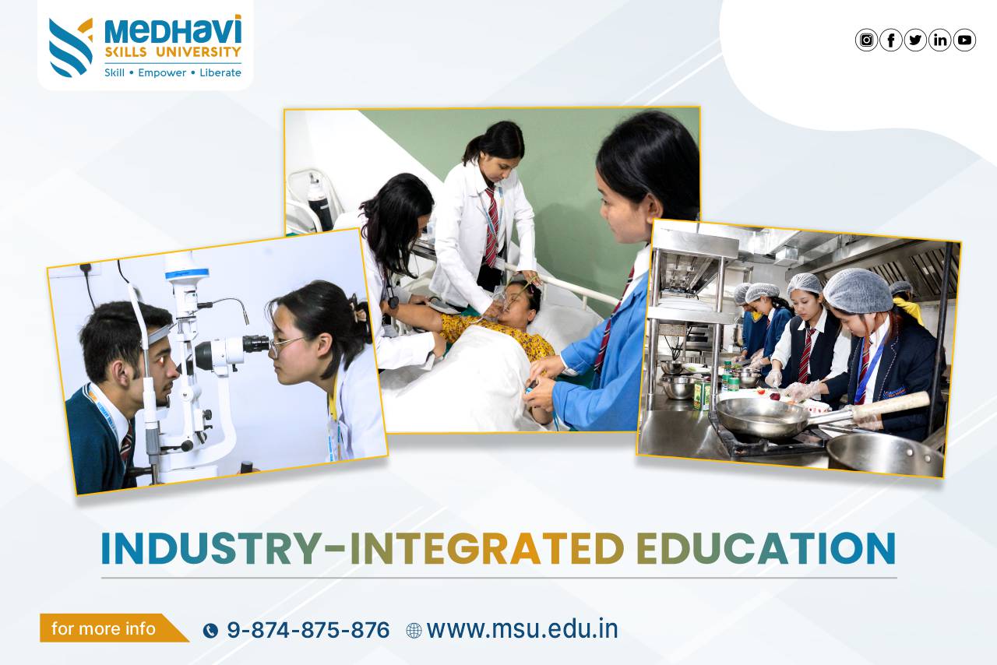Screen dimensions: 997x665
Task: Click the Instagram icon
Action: point(866,40)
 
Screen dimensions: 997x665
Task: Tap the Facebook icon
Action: point(890,40)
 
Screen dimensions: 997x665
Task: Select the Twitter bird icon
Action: point(915,40)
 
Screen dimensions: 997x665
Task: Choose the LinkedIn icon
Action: point(939,40)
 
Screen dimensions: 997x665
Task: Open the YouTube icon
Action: point(964,40)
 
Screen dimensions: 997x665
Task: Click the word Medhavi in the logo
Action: point(173,30)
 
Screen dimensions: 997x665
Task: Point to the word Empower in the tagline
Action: point(162,72)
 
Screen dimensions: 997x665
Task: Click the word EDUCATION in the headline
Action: point(766,548)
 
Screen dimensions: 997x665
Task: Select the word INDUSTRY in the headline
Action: point(212,548)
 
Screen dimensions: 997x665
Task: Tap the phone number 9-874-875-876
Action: point(308,630)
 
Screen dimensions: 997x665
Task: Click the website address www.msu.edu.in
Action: point(523,629)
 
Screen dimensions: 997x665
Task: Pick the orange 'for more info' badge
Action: point(114,628)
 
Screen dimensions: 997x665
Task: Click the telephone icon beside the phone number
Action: point(210,631)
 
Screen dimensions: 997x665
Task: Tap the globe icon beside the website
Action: point(414,631)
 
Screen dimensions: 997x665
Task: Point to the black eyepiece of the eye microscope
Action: point(255,344)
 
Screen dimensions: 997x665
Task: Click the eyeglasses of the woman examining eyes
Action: point(285,346)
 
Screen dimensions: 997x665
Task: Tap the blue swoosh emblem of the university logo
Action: point(70,48)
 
